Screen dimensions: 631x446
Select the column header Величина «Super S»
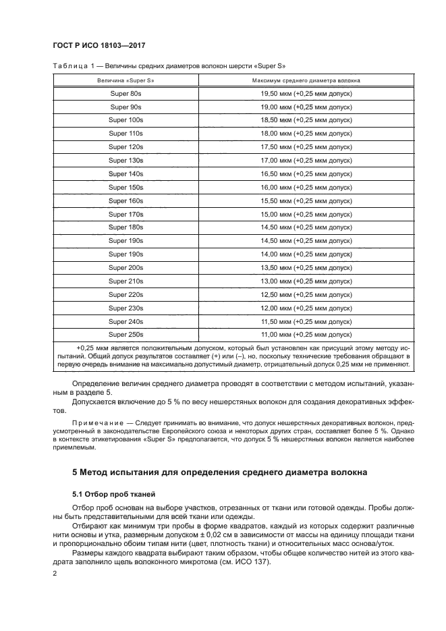126,80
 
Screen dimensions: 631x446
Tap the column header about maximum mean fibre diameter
306,80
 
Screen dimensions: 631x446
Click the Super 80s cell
126,94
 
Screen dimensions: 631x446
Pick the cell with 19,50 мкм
306,94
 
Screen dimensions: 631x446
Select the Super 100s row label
126,120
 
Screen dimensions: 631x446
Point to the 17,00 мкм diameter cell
306,161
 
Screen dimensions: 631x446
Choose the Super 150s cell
126,187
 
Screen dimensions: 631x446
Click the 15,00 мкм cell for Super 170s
306,214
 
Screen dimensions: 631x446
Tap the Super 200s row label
126,267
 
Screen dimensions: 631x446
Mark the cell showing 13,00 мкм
306,281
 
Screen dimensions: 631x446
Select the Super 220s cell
126,294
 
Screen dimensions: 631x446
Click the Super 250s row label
126,334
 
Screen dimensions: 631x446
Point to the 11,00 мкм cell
306,334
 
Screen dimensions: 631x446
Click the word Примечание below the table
95,422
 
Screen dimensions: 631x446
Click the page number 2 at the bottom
55,573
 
